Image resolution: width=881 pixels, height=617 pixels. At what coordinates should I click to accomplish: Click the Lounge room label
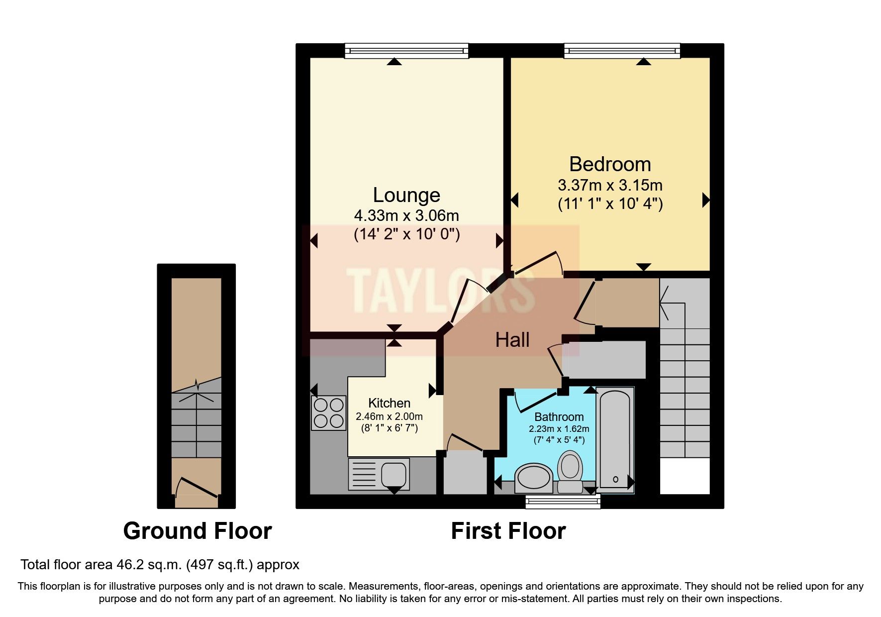point(406,195)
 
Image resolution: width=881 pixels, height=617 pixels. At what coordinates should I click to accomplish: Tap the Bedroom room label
point(610,164)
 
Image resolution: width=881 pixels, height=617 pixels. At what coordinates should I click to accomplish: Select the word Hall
point(512,340)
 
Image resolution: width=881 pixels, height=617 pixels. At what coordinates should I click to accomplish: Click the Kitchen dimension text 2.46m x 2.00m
point(389,416)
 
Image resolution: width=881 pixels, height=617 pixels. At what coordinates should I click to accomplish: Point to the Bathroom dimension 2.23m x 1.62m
point(559,429)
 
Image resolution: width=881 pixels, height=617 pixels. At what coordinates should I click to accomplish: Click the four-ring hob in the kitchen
point(328,412)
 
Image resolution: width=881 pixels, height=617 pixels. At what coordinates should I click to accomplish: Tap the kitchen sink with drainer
point(379,473)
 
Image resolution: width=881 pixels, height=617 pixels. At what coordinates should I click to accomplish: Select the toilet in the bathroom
point(570,470)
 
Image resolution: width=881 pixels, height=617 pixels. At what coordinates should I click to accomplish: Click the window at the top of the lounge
point(406,50)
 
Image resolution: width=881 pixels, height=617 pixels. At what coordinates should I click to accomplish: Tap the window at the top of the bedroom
point(622,50)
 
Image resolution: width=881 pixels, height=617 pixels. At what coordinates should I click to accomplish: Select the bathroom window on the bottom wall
point(563,502)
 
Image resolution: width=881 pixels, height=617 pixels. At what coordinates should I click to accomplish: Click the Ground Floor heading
point(197,531)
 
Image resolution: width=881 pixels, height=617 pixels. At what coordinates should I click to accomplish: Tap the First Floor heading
point(508,531)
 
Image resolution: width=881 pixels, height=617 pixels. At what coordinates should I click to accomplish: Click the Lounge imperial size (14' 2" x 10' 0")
point(406,234)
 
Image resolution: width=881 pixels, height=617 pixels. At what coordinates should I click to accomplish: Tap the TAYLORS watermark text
point(440,290)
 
